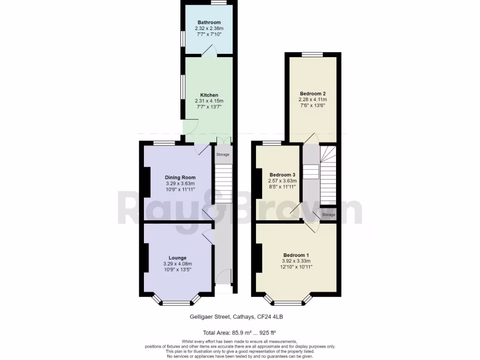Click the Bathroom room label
click(209, 22)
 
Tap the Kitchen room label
click(209, 95)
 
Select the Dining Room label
click(180, 177)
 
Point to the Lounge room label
click(178, 258)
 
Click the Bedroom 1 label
click(296, 255)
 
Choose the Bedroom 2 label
click(312, 94)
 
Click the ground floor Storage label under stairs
click(223, 154)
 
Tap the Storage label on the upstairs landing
click(329, 215)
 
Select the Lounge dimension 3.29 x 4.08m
click(178, 264)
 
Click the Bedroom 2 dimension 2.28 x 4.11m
click(312, 100)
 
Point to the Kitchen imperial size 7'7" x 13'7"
click(209, 107)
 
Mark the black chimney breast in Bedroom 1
click(259, 257)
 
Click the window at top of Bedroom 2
click(312, 55)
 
